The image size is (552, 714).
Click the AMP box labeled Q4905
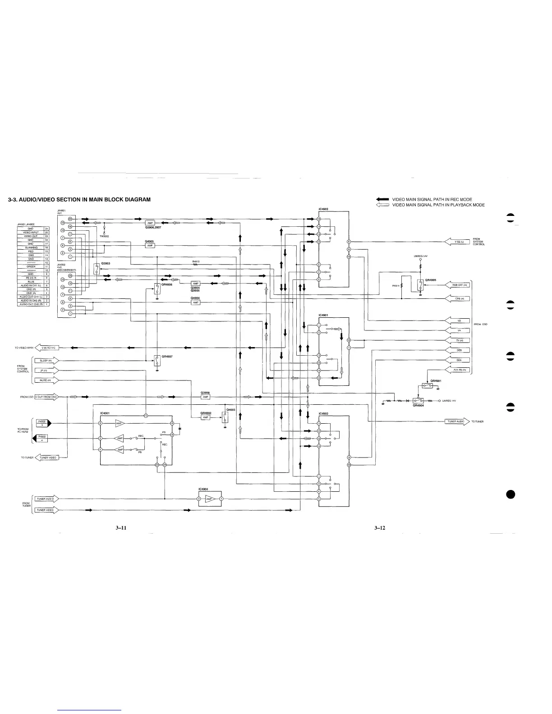(151, 245)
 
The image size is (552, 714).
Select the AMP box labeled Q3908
(205, 397)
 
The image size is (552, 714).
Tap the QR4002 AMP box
(205, 417)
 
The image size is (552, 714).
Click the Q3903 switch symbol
(97, 269)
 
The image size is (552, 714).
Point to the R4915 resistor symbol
(196, 265)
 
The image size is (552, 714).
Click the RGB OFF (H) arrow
(457, 285)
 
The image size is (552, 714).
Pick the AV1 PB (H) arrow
(457, 370)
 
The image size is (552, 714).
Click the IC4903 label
(323, 209)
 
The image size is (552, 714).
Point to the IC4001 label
(105, 413)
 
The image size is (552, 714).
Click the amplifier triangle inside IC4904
(209, 499)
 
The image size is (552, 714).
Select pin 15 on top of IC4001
(146, 415)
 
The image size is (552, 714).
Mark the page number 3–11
(120, 528)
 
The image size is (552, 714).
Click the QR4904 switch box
(419, 400)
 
